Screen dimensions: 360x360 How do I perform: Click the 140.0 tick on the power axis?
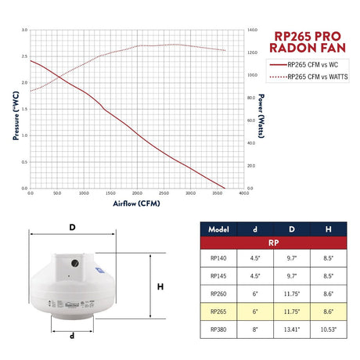tap(252, 31)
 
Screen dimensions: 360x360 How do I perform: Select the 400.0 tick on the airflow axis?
tap(244, 193)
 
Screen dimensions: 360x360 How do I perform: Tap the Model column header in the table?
tap(218, 229)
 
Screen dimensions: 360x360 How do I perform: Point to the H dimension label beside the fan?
tap(161, 286)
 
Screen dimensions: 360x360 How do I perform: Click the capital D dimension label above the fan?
tap(72, 228)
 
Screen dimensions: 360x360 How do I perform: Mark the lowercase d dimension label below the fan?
tap(73, 337)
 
